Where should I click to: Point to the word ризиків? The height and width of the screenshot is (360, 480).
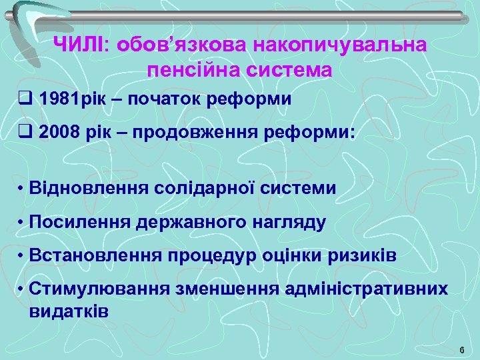click(369, 255)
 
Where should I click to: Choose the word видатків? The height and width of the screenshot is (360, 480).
click(69, 311)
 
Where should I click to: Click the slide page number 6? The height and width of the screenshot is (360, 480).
click(461, 351)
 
